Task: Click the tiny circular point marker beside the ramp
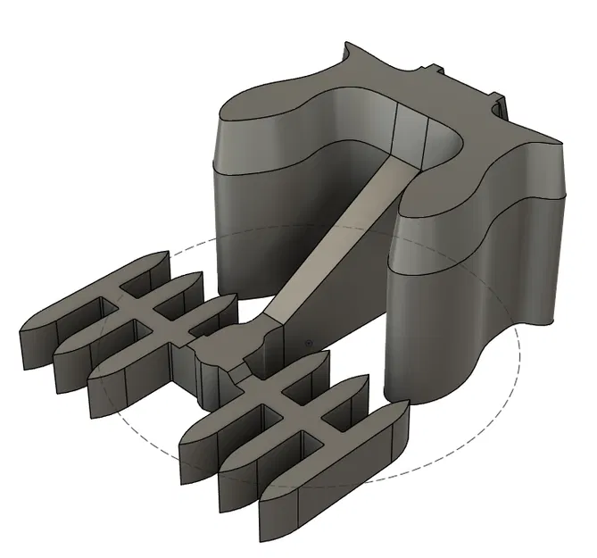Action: (x=307, y=341)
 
